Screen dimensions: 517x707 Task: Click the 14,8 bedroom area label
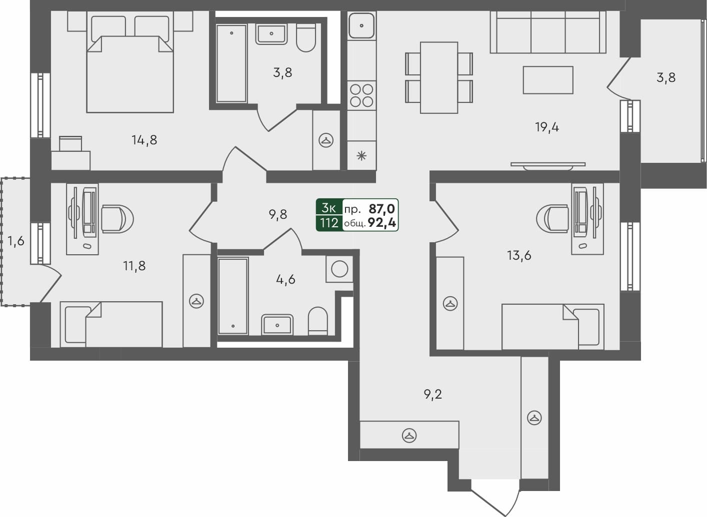[144, 140]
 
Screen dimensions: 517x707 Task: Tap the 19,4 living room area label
[547, 127]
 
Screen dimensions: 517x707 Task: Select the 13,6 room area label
[519, 256]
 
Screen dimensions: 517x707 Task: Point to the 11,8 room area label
[134, 266]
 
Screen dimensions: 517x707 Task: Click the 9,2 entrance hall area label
[433, 395]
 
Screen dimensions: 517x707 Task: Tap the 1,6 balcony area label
[16, 242]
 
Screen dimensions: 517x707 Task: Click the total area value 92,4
[382, 223]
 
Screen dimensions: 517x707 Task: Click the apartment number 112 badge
[329, 223]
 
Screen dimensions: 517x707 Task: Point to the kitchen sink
[361, 25]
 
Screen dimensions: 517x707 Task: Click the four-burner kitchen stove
[361, 95]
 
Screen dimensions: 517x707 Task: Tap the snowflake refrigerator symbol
[361, 156]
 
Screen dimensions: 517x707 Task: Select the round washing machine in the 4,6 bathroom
[339, 269]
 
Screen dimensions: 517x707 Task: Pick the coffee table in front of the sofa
[548, 80]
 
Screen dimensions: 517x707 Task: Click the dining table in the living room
[439, 77]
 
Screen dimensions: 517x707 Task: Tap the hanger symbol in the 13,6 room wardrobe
[450, 304]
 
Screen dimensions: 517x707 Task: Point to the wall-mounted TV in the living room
[548, 164]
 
